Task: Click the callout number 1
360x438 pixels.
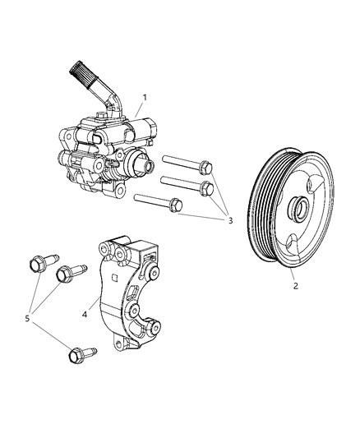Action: pos(144,97)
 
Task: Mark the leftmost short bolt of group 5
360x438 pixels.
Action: pos(37,265)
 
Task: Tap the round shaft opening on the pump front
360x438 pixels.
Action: pos(136,162)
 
